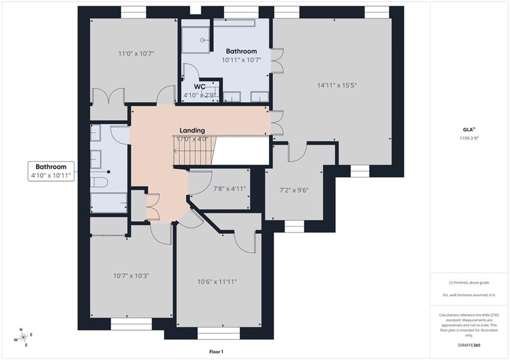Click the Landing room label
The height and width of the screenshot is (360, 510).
192,130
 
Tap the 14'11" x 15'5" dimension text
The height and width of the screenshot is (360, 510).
337,85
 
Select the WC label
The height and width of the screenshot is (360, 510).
199,87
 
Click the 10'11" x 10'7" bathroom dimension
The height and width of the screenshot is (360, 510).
242,60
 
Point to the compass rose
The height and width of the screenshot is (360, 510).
23,337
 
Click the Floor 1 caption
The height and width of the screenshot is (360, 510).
216,352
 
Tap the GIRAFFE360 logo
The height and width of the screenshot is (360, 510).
469,345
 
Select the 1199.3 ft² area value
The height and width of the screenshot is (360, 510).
469,138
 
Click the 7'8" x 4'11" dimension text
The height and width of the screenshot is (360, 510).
229,189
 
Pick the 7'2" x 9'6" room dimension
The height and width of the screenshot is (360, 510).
294,190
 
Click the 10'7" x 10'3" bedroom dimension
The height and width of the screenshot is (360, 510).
131,276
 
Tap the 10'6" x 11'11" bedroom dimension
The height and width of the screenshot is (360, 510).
217,282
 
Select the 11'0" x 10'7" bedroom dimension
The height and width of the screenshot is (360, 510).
136,53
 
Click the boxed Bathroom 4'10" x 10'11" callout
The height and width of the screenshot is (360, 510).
51,171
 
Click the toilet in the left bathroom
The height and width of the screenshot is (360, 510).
99,182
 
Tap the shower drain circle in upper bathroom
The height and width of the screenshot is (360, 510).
202,40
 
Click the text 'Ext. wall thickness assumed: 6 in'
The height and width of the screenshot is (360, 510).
469,295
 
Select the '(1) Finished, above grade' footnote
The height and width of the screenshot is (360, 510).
469,283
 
